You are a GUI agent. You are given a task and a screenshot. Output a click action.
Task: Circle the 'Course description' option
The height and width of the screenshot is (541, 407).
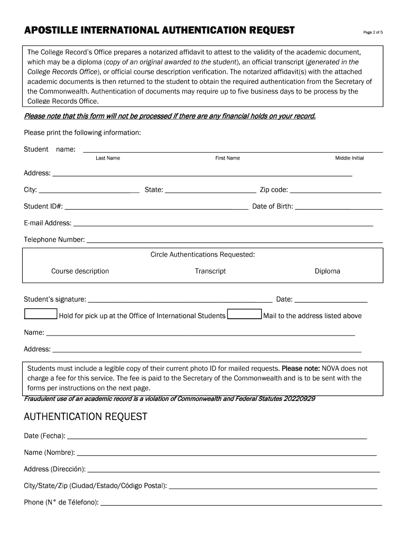(x=80, y=271)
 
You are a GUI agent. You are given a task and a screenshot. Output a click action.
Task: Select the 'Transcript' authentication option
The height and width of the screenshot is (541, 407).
(x=210, y=271)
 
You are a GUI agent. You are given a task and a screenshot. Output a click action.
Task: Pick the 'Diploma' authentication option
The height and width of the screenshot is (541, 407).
(x=327, y=271)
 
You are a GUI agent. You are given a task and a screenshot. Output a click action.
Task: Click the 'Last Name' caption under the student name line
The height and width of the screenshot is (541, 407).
(x=108, y=158)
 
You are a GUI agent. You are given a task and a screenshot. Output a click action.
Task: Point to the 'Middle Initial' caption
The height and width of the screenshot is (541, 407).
(x=349, y=158)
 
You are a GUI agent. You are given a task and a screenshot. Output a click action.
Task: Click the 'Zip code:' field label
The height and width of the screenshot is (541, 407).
(x=273, y=190)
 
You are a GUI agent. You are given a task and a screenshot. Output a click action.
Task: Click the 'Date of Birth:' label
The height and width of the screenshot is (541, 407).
(x=272, y=206)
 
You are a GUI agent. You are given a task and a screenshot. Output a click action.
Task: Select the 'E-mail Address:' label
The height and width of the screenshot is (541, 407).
(x=48, y=223)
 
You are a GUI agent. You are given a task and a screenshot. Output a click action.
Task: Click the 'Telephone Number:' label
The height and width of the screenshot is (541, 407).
(x=54, y=239)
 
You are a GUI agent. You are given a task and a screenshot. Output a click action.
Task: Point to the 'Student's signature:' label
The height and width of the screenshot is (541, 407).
(x=55, y=300)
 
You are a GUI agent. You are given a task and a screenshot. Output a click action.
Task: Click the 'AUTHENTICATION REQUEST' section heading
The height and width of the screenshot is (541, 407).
(x=86, y=417)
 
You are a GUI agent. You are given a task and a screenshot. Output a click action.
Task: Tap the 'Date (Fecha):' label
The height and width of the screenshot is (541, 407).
(x=44, y=436)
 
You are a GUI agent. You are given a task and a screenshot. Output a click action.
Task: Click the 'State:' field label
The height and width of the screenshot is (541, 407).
(x=153, y=190)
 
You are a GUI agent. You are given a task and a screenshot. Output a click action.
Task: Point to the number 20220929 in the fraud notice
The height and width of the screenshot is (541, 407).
(x=298, y=398)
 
